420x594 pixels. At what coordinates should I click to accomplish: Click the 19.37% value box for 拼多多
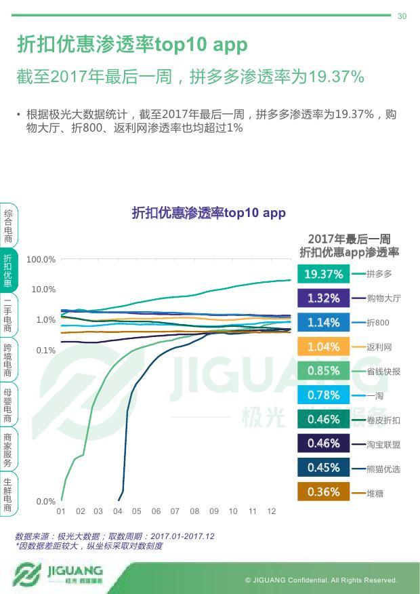[x=323, y=274]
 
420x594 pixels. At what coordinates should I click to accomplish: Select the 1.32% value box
[x=323, y=298]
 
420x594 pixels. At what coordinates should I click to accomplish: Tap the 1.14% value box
[x=323, y=323]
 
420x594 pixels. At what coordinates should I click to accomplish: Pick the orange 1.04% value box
[x=323, y=346]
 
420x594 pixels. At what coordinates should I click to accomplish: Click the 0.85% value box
[x=323, y=371]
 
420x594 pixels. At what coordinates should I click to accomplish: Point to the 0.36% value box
[x=323, y=492]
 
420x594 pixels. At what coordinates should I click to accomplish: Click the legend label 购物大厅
[x=383, y=298]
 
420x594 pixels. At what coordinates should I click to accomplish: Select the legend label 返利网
[x=379, y=347]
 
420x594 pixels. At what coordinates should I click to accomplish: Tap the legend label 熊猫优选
[x=383, y=469]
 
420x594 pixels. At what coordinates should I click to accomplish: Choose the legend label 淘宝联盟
[x=383, y=444]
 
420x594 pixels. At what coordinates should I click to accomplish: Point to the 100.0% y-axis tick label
[x=41, y=260]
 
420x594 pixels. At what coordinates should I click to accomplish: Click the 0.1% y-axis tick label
[x=46, y=351]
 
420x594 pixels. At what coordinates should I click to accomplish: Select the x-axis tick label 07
[x=175, y=511]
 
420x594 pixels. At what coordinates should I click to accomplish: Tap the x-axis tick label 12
[x=272, y=511]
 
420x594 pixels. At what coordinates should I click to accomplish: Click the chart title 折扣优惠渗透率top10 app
[x=209, y=213]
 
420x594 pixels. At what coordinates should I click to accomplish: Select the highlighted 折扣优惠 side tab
[x=8, y=270]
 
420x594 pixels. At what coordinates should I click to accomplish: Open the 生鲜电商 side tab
[x=8, y=494]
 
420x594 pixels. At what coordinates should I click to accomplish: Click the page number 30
[x=402, y=16]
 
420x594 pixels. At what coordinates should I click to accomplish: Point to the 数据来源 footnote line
[x=114, y=536]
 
